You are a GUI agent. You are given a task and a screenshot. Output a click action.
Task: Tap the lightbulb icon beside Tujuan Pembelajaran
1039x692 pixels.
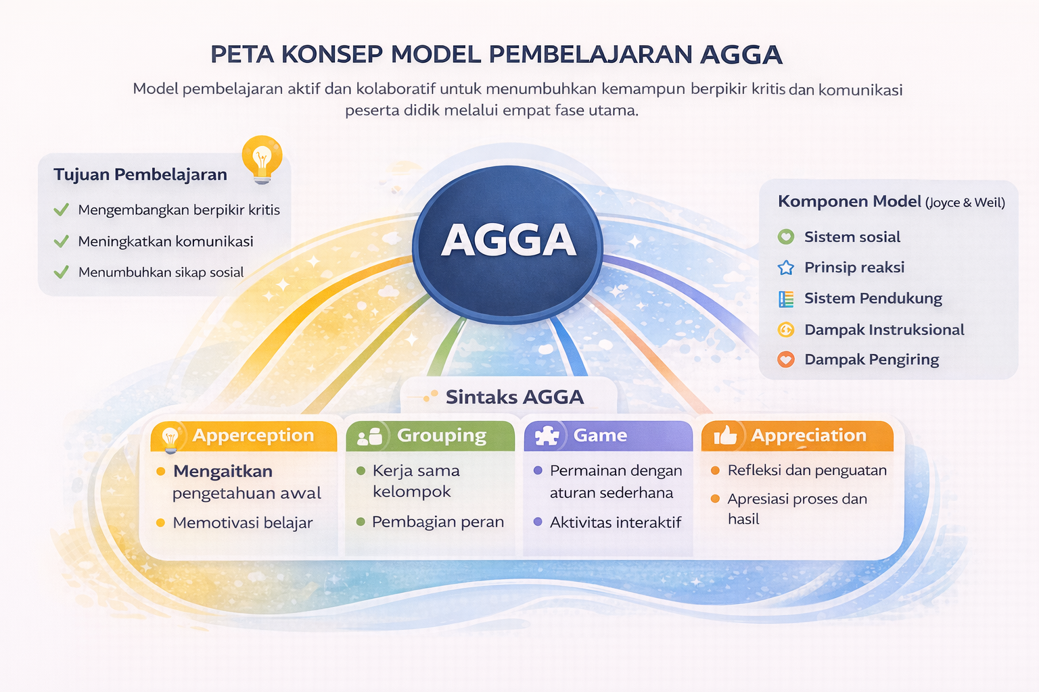(x=262, y=159)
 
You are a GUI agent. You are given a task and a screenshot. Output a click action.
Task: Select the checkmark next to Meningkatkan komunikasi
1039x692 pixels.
(x=62, y=241)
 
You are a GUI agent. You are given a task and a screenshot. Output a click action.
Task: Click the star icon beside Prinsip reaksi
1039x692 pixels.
(x=785, y=268)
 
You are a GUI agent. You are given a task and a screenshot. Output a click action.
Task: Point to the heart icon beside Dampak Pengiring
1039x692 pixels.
(x=785, y=360)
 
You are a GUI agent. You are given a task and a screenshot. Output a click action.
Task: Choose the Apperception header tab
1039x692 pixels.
(x=244, y=436)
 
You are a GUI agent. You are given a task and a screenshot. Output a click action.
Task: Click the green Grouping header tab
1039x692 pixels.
(x=430, y=436)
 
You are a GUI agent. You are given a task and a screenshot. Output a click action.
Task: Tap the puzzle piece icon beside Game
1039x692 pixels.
(x=547, y=436)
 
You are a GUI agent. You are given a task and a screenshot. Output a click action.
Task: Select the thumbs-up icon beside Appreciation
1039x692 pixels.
(x=725, y=436)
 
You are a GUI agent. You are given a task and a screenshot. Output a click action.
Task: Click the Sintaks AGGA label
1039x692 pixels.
(x=514, y=397)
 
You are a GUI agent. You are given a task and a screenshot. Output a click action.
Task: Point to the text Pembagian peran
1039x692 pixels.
(x=438, y=522)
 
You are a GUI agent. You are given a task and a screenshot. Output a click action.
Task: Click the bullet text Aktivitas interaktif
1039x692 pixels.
(x=615, y=522)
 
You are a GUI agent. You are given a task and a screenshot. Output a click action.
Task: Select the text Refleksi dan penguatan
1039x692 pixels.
(x=807, y=470)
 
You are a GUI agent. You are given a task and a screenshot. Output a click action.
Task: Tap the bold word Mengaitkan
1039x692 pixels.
(x=223, y=471)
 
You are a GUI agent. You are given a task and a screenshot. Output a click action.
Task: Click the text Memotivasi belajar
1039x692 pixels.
(x=243, y=522)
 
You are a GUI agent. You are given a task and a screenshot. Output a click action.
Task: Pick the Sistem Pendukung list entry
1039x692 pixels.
(x=873, y=298)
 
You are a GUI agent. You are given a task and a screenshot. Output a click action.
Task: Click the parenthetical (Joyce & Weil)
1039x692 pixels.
(x=965, y=203)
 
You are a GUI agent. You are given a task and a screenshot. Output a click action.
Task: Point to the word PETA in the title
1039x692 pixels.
(x=241, y=54)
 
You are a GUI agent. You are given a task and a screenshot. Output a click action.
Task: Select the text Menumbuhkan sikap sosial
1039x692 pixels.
(x=161, y=272)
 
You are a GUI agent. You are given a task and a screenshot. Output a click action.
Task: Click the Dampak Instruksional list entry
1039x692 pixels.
(x=884, y=330)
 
